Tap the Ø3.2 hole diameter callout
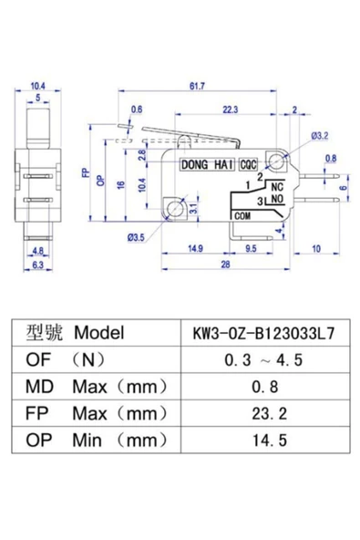(320, 136)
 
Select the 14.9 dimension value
(195, 248)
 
